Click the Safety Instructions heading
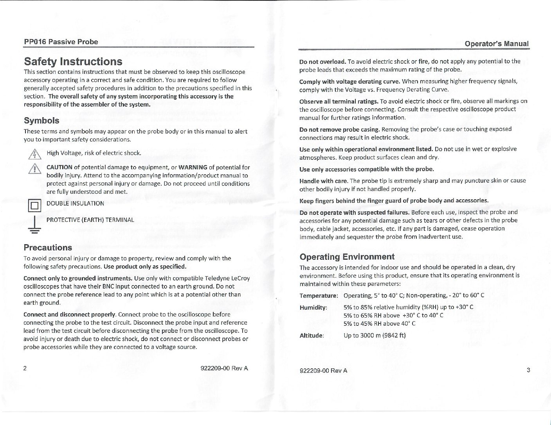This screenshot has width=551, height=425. [x=73, y=62]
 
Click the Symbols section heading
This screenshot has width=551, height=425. [x=41, y=120]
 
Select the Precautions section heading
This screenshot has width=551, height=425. [x=48, y=248]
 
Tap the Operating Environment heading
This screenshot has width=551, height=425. [x=347, y=257]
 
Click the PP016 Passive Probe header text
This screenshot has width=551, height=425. [x=61, y=42]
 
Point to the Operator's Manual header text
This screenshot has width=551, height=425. [x=497, y=44]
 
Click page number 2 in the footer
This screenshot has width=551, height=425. [x=25, y=368]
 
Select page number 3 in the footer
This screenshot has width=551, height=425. [x=528, y=370]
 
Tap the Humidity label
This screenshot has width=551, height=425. [x=313, y=307]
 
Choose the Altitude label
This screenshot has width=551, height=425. [x=312, y=336]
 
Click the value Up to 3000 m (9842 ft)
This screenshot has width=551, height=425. [x=375, y=336]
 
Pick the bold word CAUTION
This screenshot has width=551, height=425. [x=59, y=167]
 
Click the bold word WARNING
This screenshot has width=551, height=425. [x=192, y=167]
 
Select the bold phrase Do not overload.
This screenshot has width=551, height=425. [x=322, y=62]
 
